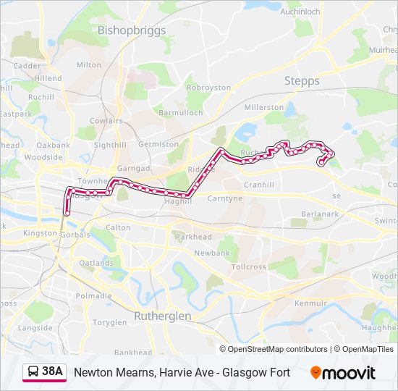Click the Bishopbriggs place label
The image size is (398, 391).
pyautogui.click(x=132, y=30)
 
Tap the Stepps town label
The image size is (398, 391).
pyautogui.click(x=302, y=81)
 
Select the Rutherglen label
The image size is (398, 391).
pyautogui.click(x=163, y=316)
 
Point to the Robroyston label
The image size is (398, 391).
pyautogui.click(x=208, y=88)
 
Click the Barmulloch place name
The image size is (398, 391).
pyautogui.click(x=181, y=114)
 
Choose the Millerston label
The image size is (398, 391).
pyautogui.click(x=264, y=107)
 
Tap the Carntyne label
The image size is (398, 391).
pyautogui.click(x=225, y=198)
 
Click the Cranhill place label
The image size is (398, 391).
pyautogui.click(x=259, y=185)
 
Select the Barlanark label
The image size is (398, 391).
pyautogui.click(x=319, y=214)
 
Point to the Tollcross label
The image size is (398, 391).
pyautogui.click(x=249, y=266)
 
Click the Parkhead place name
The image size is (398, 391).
pyautogui.click(x=193, y=237)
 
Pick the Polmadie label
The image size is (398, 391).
pyautogui.click(x=93, y=295)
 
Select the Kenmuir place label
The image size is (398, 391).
pyautogui.click(x=311, y=302)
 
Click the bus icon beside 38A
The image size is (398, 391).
pyautogui.click(x=33, y=372)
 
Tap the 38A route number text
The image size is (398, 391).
pyautogui.click(x=53, y=372)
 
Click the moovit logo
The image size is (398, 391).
pyautogui.click(x=343, y=373)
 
